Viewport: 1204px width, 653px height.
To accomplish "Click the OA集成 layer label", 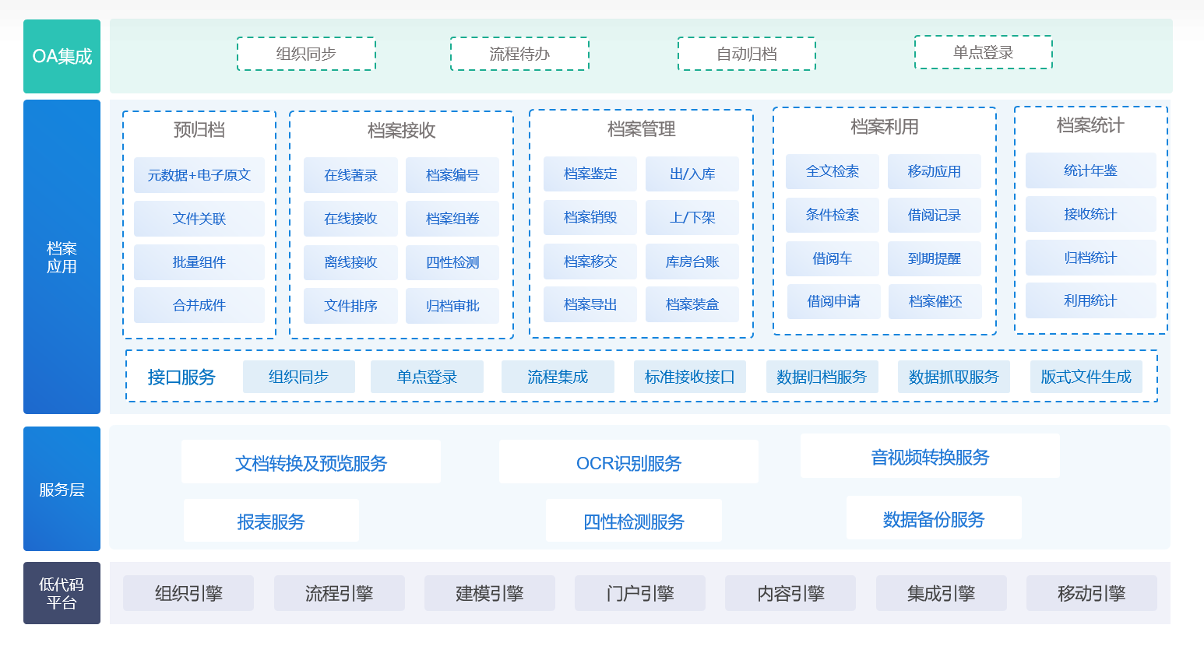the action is [62, 56].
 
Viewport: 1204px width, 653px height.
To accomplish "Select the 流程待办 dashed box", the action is [519, 54].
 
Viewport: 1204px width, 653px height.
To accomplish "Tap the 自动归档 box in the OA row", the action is [747, 54].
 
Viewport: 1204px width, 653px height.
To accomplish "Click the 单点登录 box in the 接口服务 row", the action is [427, 377].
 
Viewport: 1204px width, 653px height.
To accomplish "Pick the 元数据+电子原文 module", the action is [199, 175].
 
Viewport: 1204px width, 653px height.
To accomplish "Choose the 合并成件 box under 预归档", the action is [199, 305].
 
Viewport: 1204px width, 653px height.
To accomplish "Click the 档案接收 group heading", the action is [402, 130].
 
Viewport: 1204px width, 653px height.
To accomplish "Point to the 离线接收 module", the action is [350, 262].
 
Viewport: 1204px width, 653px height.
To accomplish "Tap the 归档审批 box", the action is [452, 306].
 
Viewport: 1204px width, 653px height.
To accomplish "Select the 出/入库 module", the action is [692, 174].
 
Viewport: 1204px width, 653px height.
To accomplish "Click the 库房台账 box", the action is [692, 262].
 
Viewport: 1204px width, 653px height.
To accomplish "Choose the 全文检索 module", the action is [832, 171].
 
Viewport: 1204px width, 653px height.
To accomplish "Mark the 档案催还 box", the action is [935, 301].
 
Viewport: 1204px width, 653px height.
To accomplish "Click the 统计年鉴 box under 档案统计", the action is [1090, 170].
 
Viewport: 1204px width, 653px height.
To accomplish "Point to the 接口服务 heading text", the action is [181, 377].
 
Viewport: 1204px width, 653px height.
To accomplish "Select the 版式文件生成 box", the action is [1086, 377].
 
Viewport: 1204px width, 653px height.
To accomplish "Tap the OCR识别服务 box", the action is [629, 462].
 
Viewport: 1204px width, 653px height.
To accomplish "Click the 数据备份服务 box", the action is [934, 519].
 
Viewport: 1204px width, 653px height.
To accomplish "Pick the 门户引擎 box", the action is [639, 593].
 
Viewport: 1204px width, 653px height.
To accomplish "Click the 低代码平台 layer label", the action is [62, 593].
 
